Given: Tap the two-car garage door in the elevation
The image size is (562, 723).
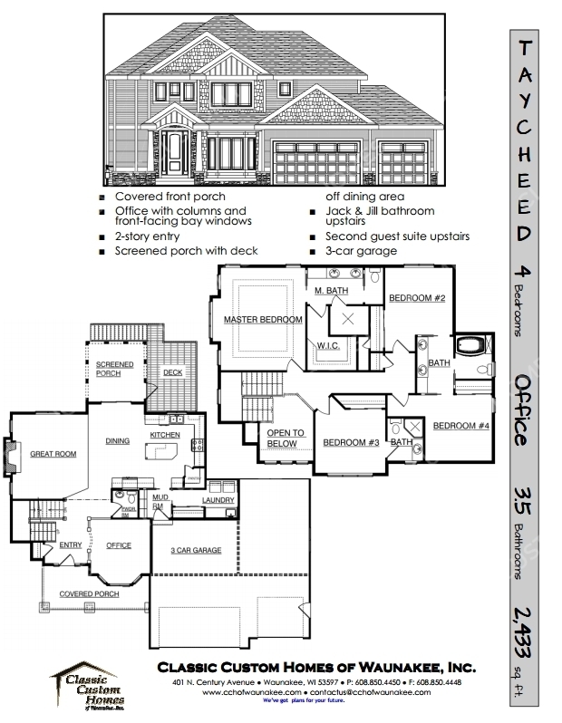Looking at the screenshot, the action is point(316,164).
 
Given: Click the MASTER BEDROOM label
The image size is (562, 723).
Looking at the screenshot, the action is point(263,320).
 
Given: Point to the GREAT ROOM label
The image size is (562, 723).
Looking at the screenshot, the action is point(53,454).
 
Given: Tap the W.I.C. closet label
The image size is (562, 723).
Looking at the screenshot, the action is point(328,346).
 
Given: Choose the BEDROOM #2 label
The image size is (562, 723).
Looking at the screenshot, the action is point(417,298).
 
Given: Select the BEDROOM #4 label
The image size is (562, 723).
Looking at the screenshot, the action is point(461,426).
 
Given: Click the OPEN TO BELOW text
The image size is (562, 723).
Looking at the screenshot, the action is point(286,438).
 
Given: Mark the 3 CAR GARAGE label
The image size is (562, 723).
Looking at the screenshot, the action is point(196,550).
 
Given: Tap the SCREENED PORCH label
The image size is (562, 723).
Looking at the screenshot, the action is point(114,369).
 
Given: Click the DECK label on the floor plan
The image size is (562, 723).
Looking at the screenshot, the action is point(172,372).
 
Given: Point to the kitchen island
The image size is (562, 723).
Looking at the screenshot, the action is point(162,451).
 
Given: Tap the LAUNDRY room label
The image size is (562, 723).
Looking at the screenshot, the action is point(218,500).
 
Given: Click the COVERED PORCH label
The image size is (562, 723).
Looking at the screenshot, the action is point(89,594).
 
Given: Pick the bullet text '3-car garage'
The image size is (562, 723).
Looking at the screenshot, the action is point(361,251).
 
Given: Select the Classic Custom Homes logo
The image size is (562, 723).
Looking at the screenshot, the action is point(88,686).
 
